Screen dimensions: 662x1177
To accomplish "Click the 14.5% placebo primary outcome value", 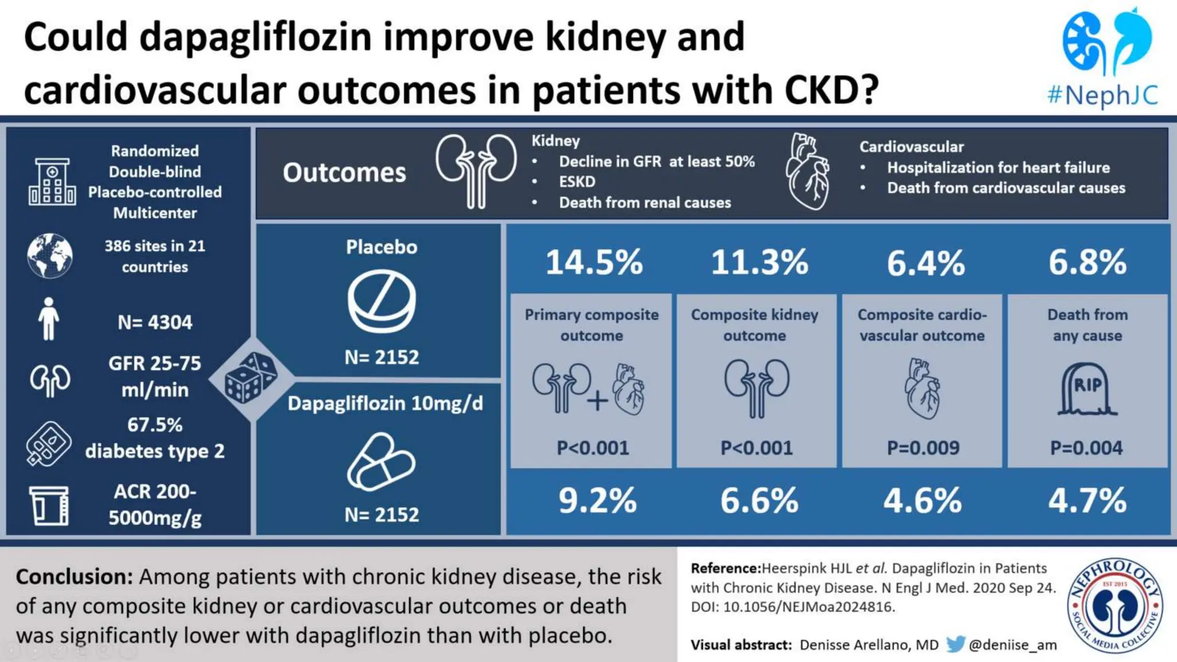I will pyautogui.click(x=594, y=263).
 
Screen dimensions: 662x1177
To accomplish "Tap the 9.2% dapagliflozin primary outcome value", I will pyautogui.click(x=597, y=501).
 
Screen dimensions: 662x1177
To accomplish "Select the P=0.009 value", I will pyautogui.click(x=923, y=448).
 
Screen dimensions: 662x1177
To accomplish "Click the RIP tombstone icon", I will pyautogui.click(x=1087, y=389).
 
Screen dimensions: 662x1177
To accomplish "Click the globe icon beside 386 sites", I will pyautogui.click(x=50, y=256).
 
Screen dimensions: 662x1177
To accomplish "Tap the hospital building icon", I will pyautogui.click(x=52, y=182).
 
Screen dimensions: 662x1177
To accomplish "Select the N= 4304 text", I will pyautogui.click(x=155, y=322).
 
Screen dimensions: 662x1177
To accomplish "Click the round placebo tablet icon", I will pyautogui.click(x=382, y=302).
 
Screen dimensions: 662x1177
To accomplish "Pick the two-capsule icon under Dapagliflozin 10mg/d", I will pyautogui.click(x=381, y=462).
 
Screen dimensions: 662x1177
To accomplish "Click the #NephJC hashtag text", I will pyautogui.click(x=1102, y=95).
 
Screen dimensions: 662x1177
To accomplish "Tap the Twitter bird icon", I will pyautogui.click(x=955, y=644).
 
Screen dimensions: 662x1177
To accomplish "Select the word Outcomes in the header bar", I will pyautogui.click(x=344, y=173).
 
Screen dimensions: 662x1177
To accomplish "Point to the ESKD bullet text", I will pyautogui.click(x=577, y=182).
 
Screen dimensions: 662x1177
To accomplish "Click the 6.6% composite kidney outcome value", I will pyautogui.click(x=759, y=501).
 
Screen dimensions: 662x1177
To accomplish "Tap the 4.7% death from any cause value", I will pyautogui.click(x=1087, y=501).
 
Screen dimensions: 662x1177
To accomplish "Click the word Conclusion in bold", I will pyautogui.click(x=74, y=576).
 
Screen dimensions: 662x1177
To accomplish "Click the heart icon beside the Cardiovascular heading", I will pyautogui.click(x=807, y=171).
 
